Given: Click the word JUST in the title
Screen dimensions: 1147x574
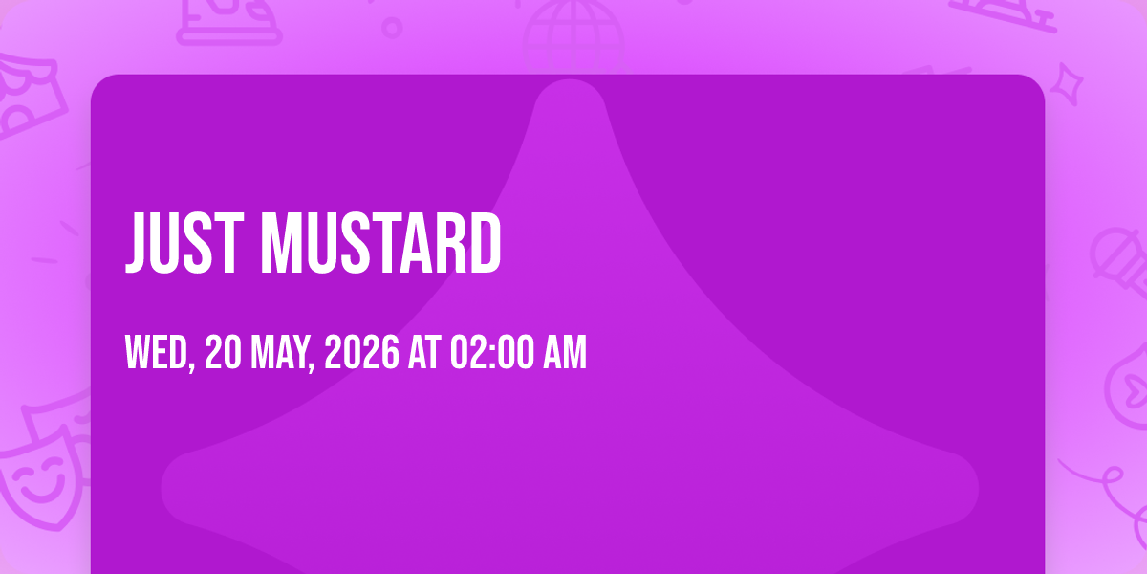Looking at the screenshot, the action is pyautogui.click(x=184, y=243).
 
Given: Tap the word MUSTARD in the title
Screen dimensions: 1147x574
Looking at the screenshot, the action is pyautogui.click(x=381, y=243).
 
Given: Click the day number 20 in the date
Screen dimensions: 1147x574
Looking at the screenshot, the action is pyautogui.click(x=223, y=352).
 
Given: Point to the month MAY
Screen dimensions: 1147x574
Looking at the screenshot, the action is pyautogui.click(x=282, y=353).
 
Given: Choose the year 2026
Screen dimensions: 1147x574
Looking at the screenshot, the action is pyautogui.click(x=361, y=352).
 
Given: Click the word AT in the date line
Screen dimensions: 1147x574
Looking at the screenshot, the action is pyautogui.click(x=424, y=352).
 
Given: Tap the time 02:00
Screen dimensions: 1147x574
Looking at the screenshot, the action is pyautogui.click(x=491, y=352).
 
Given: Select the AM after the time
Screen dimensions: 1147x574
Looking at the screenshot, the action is pyautogui.click(x=565, y=352).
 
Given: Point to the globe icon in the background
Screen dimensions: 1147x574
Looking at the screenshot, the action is pyautogui.click(x=573, y=36).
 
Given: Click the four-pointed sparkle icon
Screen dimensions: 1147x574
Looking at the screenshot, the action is pyautogui.click(x=1067, y=84).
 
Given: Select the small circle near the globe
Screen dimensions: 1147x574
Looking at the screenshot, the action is pyautogui.click(x=392, y=28).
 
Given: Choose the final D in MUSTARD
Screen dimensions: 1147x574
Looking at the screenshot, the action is pyautogui.click(x=486, y=243).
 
